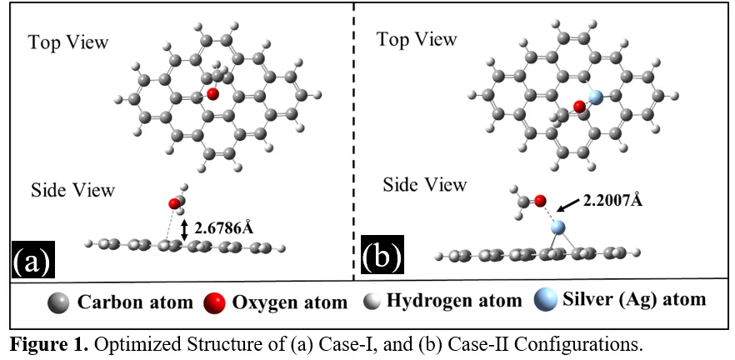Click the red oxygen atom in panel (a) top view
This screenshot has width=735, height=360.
coord(212,93)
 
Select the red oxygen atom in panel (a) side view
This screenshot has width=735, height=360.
coord(174,203)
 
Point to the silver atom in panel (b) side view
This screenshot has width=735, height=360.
coord(557,227)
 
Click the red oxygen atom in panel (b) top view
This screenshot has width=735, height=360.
coord(579,107)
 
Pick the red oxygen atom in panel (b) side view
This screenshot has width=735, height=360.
coord(541,201)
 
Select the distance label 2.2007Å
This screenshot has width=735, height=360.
coord(612,200)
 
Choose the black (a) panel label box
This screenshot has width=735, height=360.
coord(32,258)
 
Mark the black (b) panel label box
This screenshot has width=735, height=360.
coord(382,256)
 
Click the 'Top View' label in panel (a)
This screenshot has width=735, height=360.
coord(68,42)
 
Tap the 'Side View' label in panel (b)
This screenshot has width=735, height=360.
coord(425,185)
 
